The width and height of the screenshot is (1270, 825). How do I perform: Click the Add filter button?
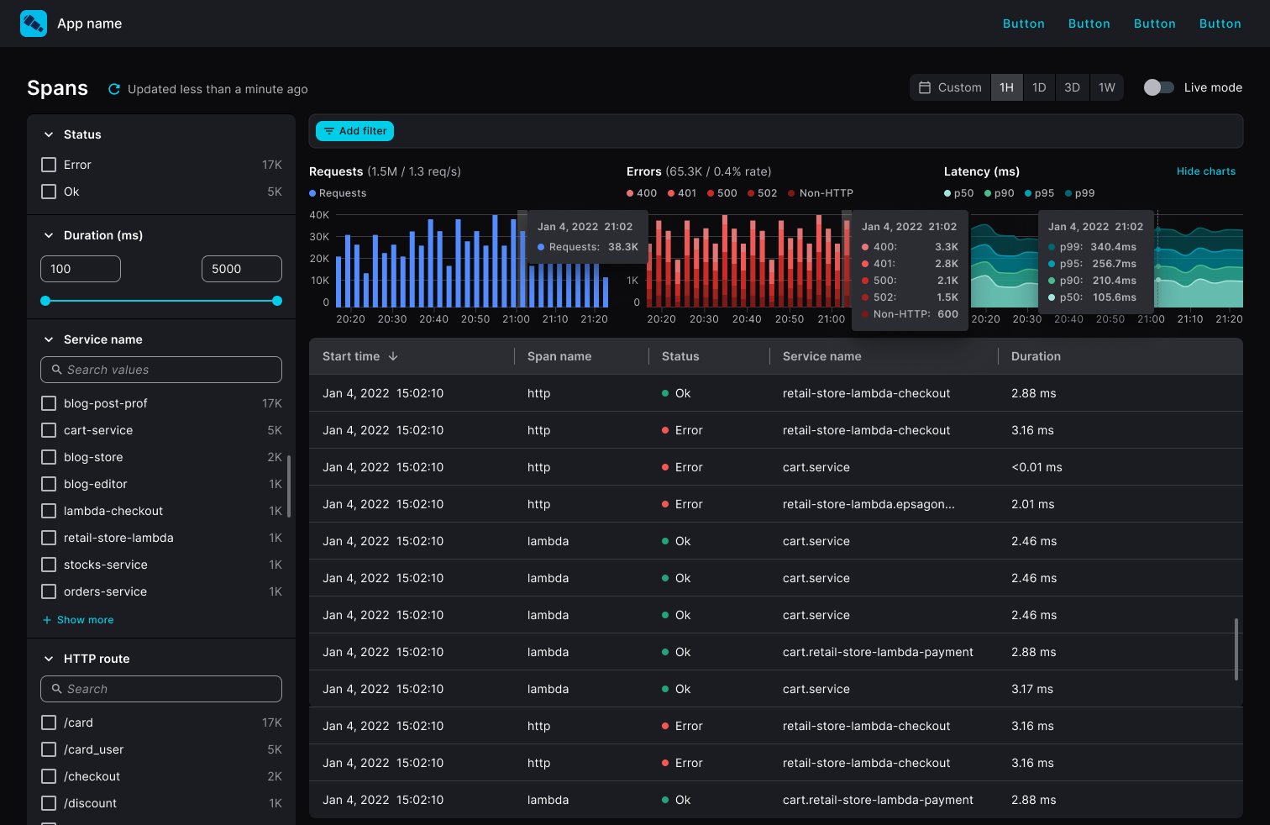point(354,131)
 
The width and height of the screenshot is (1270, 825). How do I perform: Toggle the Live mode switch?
point(1158,87)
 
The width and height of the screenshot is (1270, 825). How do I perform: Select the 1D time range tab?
point(1039,87)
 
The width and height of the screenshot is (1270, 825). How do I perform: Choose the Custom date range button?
point(950,87)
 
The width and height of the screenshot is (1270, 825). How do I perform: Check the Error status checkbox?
point(49,165)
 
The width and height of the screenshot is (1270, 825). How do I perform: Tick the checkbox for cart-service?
point(49,430)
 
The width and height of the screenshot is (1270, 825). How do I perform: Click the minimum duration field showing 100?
point(81,269)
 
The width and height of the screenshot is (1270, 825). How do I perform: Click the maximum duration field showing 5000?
point(241,269)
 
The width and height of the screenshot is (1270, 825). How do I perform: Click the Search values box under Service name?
point(161,370)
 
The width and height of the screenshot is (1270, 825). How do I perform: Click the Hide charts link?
point(1205,171)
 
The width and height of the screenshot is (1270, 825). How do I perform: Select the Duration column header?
point(1036,356)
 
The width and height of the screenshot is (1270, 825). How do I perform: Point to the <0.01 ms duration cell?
point(1036,467)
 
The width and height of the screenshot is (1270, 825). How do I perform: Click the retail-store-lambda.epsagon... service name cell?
point(868,504)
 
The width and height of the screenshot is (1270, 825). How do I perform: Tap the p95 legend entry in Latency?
point(1039,193)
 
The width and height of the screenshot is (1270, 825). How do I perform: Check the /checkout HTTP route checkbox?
point(49,776)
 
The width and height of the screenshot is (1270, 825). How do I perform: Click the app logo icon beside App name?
point(34,24)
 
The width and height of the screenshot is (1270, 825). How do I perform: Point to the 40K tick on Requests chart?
point(319,215)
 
